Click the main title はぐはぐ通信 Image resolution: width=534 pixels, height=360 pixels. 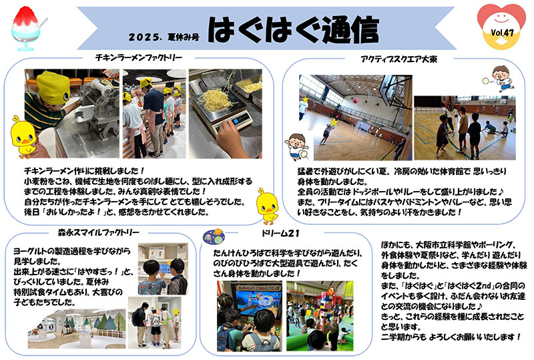(x=293, y=29)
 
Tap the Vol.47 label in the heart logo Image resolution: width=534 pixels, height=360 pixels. (x=502, y=33)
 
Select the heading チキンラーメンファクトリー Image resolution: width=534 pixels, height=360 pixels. (x=139, y=58)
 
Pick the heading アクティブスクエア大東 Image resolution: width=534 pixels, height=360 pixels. (x=398, y=59)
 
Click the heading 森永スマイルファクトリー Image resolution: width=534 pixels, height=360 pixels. (x=98, y=233)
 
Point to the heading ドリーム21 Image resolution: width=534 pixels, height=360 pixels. (x=280, y=234)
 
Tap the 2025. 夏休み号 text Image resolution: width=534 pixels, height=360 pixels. (x=164, y=37)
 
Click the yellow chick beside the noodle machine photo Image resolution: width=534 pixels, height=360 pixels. (x=23, y=137)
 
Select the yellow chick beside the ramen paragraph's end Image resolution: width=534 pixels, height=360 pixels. (x=268, y=206)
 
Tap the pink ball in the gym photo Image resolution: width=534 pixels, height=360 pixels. (x=355, y=101)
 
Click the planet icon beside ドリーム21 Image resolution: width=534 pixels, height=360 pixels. (x=214, y=236)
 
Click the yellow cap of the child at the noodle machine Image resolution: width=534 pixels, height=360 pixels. (x=53, y=87)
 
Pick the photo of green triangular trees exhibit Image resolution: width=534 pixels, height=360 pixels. (x=77, y=329)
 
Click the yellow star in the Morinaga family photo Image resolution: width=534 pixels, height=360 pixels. (x=176, y=311)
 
